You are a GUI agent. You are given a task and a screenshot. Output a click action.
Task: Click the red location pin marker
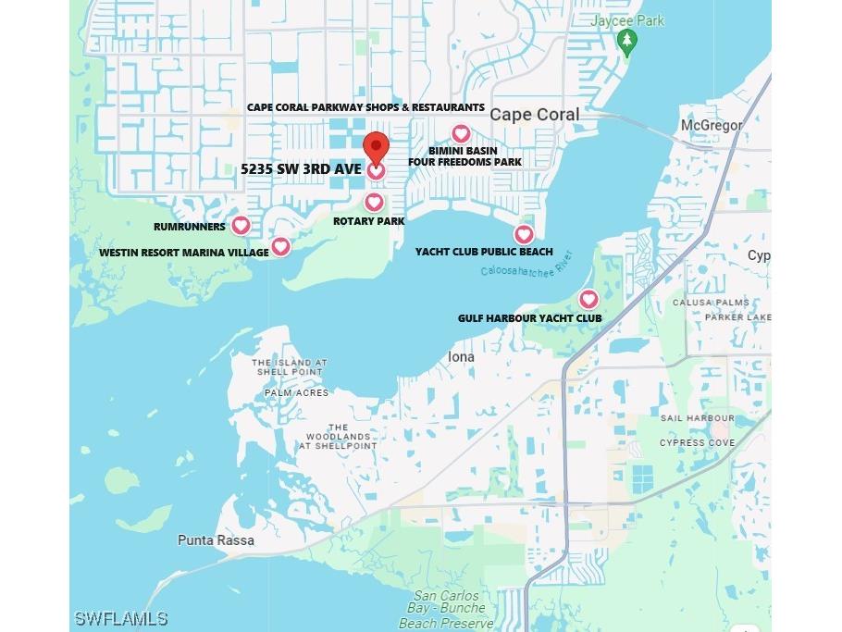point(375,148)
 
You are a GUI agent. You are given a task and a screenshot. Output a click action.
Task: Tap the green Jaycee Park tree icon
point(627,41)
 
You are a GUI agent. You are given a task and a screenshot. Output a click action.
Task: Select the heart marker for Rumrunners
point(241,225)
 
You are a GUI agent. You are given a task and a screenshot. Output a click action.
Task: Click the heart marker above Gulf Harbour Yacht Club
point(588,299)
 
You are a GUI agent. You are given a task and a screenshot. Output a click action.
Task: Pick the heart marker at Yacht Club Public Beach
point(524,234)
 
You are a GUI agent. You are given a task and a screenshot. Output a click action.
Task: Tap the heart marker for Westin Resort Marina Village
point(280,246)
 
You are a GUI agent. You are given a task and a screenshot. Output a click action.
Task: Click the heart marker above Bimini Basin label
point(461,134)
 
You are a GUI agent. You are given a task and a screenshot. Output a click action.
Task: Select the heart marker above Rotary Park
point(374,202)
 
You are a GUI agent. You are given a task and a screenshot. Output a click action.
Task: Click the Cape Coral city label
point(535,115)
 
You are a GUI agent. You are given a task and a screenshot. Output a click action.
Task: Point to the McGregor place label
point(711,125)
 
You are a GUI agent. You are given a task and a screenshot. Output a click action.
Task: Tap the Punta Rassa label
point(216,539)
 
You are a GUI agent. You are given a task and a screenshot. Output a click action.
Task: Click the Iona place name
point(461,356)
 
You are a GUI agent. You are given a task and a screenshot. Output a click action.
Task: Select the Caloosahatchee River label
point(526,266)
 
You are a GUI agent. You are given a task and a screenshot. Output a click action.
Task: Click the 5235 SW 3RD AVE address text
point(301,169)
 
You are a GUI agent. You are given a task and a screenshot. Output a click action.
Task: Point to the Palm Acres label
point(296,392)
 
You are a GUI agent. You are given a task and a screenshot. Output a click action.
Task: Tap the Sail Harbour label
point(697,418)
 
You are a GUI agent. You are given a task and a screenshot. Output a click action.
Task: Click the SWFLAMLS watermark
point(122,618)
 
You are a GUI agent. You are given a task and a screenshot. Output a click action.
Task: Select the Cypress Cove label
point(697,442)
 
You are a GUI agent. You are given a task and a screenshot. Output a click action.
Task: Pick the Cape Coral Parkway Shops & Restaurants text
point(365,107)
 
